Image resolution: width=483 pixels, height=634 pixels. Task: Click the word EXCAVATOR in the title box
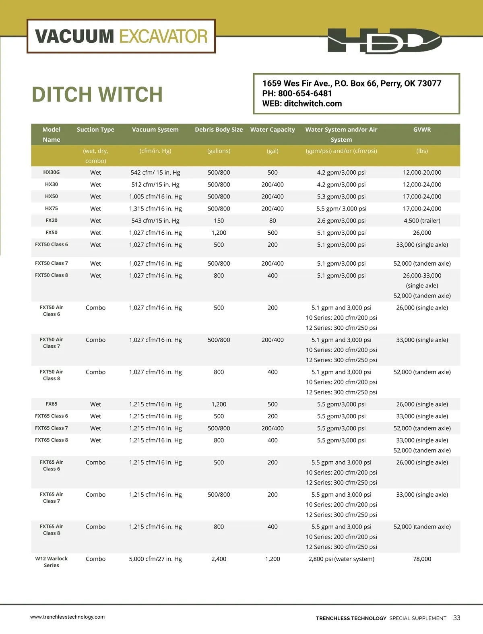pos(163,36)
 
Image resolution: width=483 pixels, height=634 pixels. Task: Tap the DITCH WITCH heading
pos(97,95)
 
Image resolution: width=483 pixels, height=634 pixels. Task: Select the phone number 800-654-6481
pos(305,93)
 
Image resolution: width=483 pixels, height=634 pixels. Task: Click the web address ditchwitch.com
pos(313,103)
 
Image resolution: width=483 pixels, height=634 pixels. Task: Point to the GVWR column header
pos(422,130)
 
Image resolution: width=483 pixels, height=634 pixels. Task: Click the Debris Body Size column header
pos(219,130)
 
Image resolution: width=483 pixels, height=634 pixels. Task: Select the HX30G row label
pos(52,172)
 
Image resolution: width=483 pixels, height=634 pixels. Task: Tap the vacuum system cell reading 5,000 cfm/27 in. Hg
pos(155,559)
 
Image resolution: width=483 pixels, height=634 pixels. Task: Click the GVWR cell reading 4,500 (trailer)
pos(422,221)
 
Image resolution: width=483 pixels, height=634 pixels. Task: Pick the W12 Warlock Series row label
pos(52,562)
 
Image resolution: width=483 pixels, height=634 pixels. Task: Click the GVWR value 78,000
pos(422,559)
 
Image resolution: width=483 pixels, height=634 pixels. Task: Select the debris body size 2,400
pos(219,559)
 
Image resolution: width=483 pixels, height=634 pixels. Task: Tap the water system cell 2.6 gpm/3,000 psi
pos(341,221)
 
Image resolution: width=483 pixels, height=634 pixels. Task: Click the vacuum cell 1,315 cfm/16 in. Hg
pos(155,209)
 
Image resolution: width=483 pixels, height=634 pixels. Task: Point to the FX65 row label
pos(52,404)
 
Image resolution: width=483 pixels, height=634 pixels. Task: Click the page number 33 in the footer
pos(456,618)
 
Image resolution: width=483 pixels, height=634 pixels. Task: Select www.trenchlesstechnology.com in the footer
pos(67,617)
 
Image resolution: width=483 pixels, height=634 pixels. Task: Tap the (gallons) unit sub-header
pos(219,151)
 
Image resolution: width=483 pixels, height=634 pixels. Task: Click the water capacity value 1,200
pos(272,559)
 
